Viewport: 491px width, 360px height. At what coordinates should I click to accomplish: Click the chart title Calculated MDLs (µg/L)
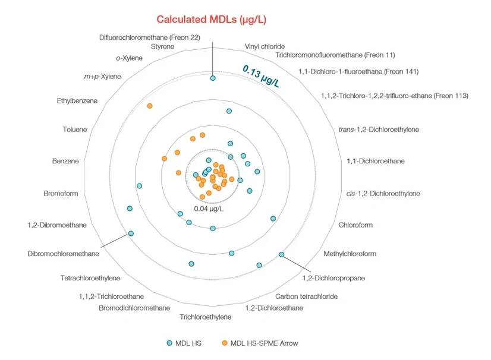211,20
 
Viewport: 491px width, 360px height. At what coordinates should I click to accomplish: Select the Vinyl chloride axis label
265,46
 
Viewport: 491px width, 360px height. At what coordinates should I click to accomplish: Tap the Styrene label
162,46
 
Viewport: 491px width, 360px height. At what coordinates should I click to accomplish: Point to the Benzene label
65,161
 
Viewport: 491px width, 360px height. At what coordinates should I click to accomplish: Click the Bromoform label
61,193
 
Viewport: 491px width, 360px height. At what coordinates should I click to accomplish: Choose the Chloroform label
355,225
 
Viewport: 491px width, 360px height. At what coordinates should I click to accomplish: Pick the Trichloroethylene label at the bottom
206,317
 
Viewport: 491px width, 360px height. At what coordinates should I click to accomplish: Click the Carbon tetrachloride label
306,296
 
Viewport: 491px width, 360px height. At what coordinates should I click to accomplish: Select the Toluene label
74,130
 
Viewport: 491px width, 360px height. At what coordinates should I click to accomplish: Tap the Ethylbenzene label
77,101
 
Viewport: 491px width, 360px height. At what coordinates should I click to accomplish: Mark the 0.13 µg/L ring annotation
261,76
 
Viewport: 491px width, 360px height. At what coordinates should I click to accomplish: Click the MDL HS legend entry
185,343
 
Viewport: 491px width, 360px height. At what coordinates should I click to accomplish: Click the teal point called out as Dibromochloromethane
131,233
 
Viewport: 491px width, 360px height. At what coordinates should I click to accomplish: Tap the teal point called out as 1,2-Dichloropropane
282,254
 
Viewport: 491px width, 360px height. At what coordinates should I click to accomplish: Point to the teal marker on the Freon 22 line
213,78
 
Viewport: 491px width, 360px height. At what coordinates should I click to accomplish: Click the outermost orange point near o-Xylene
150,106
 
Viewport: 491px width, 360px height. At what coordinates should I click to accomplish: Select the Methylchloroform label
350,254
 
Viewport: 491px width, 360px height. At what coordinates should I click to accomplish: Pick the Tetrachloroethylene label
90,278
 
